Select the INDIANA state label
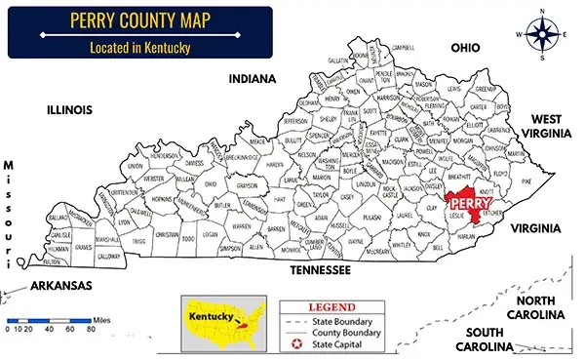tap(253, 79)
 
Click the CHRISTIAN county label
tap(167, 234)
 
